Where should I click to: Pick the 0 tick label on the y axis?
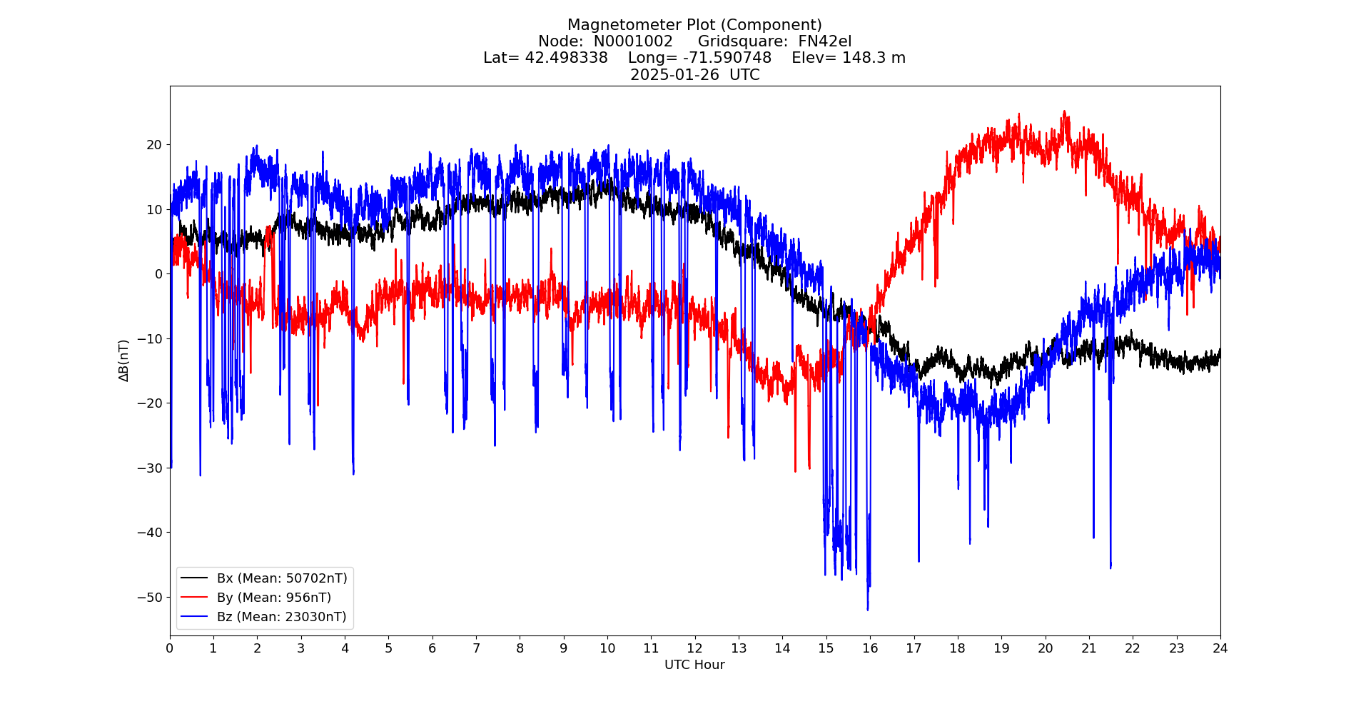(158, 274)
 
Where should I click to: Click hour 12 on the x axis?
(694, 648)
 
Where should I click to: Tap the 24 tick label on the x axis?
(1220, 648)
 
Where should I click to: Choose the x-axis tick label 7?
(476, 648)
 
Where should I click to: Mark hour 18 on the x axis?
(957, 648)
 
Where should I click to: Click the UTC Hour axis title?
(694, 665)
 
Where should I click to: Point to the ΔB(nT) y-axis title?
(124, 361)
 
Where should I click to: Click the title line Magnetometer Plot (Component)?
(694, 26)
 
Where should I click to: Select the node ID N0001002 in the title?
(633, 41)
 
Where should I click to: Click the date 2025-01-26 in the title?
(674, 75)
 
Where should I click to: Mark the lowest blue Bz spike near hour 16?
(868, 609)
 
